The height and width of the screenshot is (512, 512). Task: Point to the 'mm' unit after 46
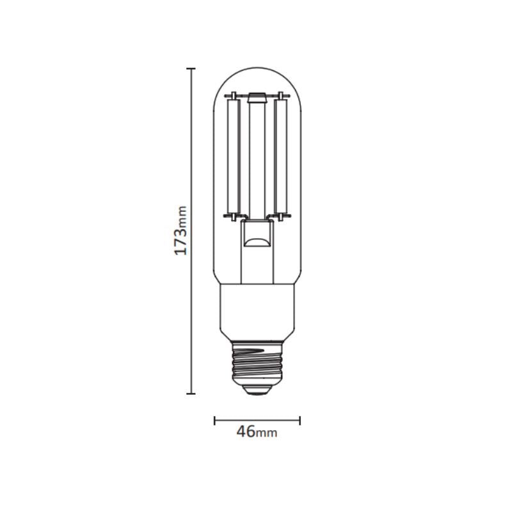[266, 434]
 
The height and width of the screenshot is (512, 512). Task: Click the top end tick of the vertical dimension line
[191, 67]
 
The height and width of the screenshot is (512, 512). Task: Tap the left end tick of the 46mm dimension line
[214, 420]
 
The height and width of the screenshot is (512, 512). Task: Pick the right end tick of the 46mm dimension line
[300, 420]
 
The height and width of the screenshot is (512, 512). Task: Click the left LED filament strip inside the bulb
[234, 157]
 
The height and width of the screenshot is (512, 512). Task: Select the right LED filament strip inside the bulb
[279, 157]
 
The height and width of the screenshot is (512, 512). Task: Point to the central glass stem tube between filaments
[257, 160]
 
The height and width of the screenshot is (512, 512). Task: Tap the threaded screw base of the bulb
[257, 362]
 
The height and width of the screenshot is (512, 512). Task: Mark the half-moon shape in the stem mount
[257, 243]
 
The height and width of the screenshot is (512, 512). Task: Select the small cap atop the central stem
[257, 98]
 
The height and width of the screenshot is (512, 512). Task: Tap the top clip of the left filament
[233, 97]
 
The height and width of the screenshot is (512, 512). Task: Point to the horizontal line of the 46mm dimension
[257, 420]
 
